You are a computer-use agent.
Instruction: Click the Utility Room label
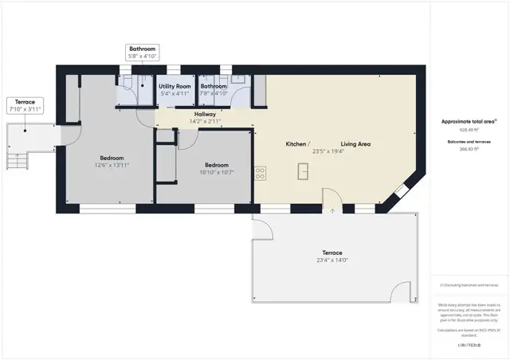coord(174,85)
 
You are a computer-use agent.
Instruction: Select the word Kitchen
coord(297,144)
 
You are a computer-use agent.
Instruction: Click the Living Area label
coord(355,144)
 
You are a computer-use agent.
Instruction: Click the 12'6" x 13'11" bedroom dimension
coord(112,165)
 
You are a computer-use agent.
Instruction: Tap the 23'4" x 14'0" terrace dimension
coord(333,260)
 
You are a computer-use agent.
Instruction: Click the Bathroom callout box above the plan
coord(142,53)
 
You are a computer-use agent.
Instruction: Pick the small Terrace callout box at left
coord(25,105)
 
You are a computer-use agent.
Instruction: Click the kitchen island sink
coord(304,171)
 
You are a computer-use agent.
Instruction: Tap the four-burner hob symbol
coord(260,172)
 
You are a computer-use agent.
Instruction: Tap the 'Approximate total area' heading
coord(469,121)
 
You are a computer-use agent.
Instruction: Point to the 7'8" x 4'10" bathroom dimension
coord(214,93)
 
